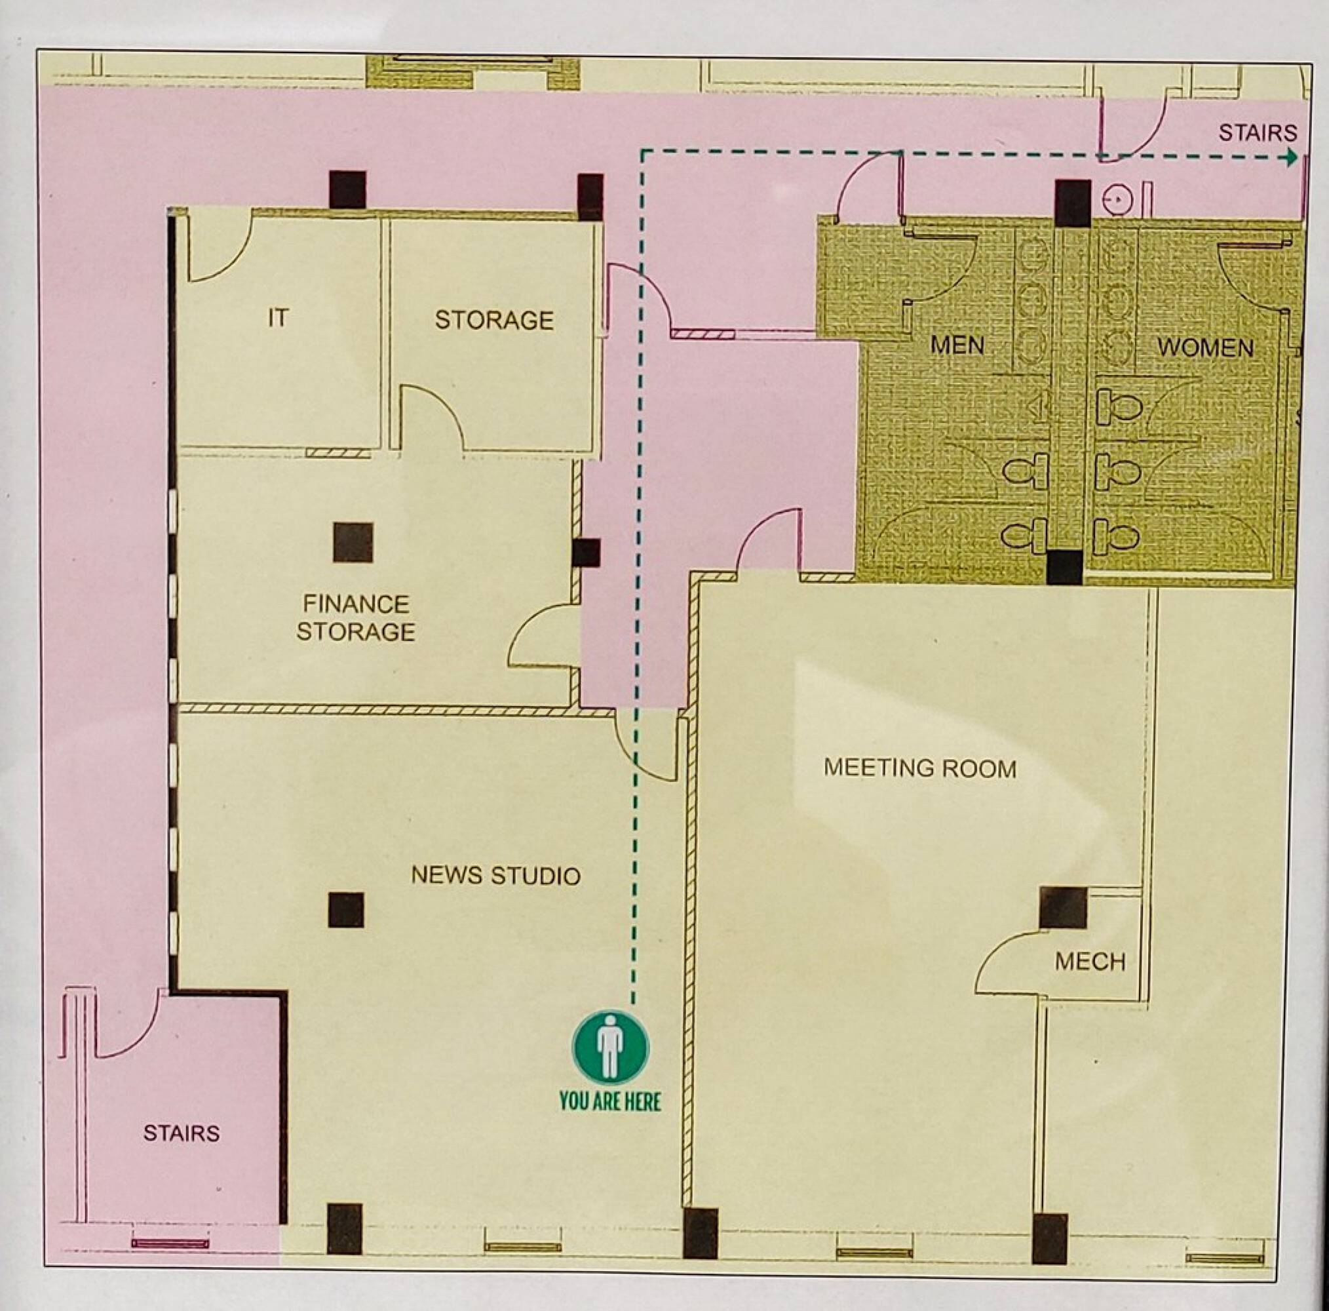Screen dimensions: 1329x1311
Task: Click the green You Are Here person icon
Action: (610, 1047)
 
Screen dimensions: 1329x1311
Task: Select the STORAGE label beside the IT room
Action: (494, 320)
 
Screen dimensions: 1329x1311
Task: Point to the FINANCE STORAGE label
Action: (356, 617)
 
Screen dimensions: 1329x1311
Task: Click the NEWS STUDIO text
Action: (496, 875)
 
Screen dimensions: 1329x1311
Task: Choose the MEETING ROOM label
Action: (919, 768)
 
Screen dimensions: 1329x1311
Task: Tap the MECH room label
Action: (1090, 962)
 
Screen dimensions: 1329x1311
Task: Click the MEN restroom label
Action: (957, 345)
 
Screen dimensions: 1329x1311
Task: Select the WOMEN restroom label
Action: (1205, 347)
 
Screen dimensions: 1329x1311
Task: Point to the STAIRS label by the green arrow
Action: (1258, 132)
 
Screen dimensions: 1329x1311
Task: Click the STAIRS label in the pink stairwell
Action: (182, 1133)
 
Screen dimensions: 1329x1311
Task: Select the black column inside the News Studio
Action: (345, 910)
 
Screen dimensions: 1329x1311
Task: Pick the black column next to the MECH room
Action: (1063, 908)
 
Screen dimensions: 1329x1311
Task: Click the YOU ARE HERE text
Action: (610, 1101)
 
